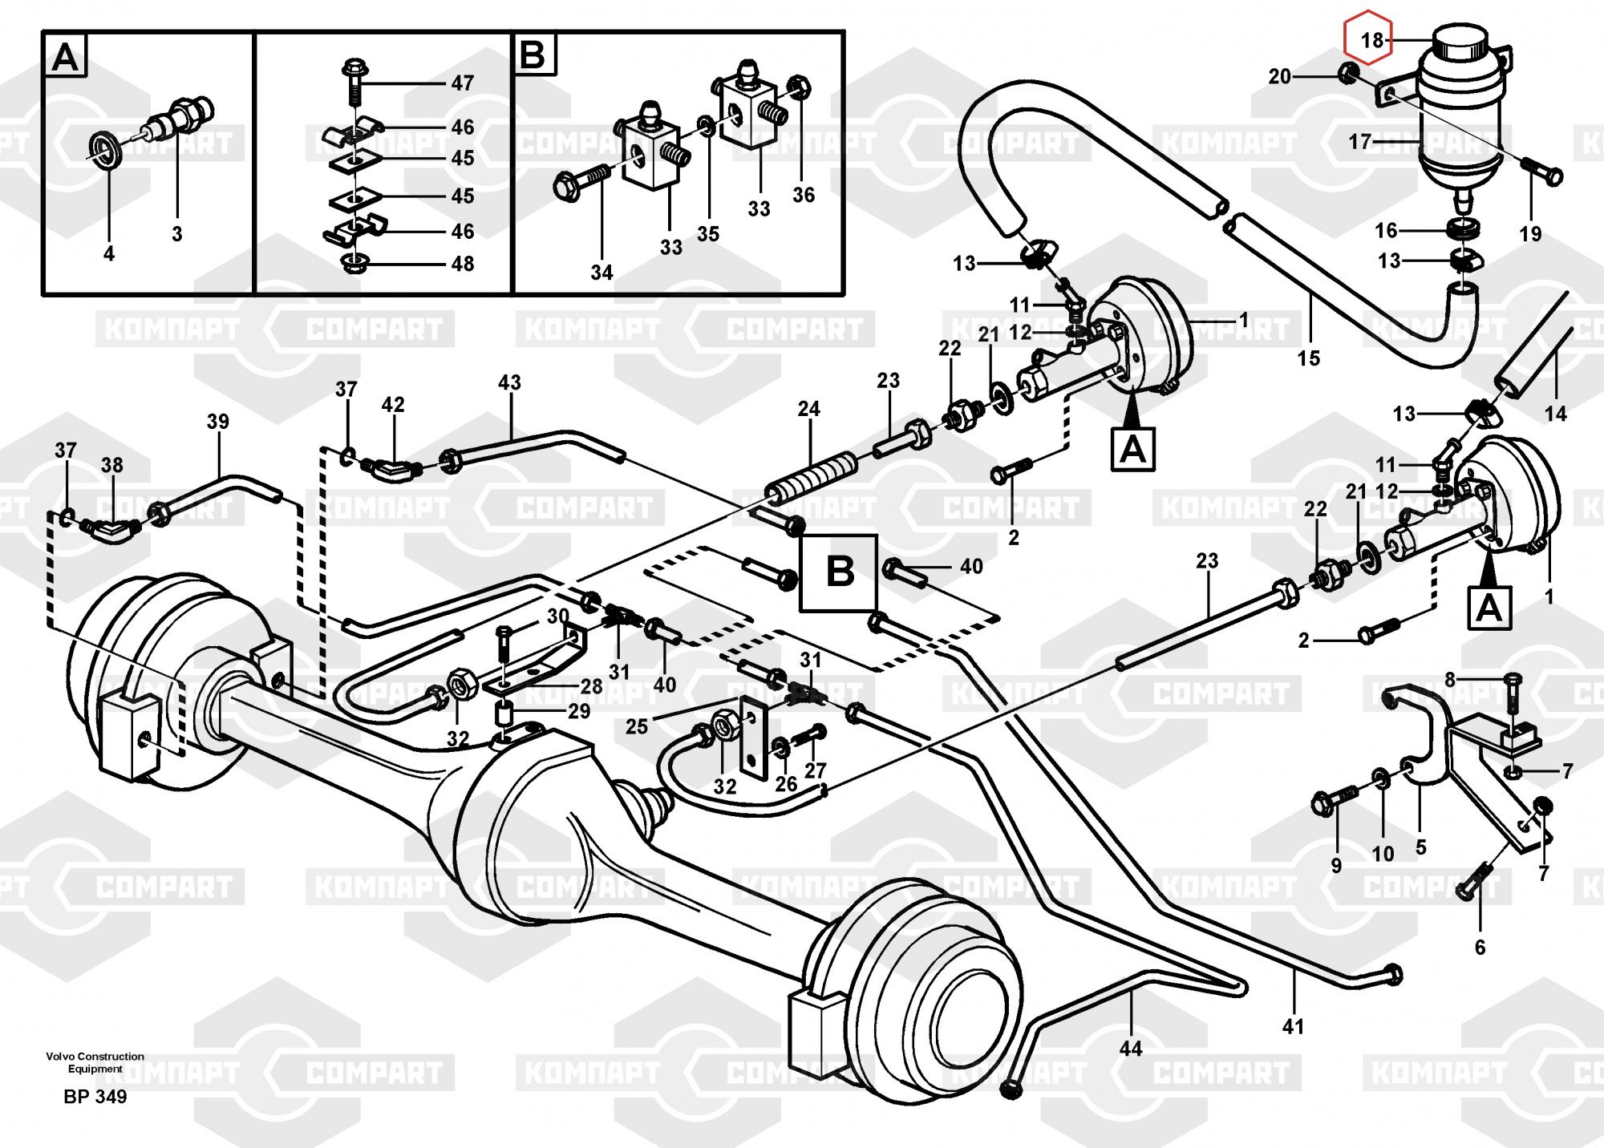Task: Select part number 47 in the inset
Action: point(463,83)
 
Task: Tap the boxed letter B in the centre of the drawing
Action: point(840,572)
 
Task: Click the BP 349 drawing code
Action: point(95,1097)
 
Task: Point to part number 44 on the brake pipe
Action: point(1130,1048)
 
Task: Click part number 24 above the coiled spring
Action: point(808,409)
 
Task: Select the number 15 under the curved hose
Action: point(1308,358)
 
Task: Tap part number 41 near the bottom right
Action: point(1293,1025)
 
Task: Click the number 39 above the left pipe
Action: point(217,422)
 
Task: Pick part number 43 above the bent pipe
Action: point(509,382)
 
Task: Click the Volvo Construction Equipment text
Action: point(95,1062)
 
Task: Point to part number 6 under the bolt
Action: point(1480,947)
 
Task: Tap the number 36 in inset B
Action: point(803,195)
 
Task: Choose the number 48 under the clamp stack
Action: point(463,264)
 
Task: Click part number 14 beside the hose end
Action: point(1555,414)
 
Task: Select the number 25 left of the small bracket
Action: point(637,727)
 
